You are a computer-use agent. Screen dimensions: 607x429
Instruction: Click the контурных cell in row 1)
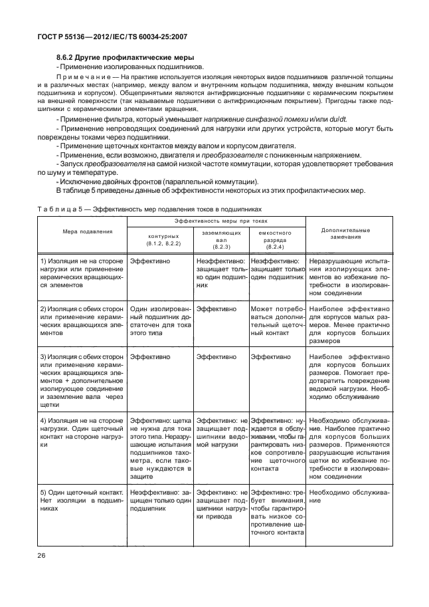[149, 262]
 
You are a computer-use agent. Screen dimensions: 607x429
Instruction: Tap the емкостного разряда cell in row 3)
[272, 357]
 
